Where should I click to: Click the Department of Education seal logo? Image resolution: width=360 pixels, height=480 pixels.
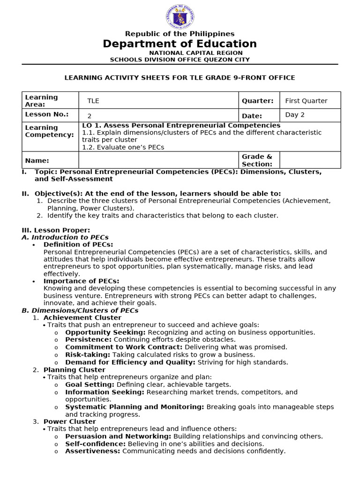click(180, 17)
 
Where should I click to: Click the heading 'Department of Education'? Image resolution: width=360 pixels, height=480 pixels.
click(180, 44)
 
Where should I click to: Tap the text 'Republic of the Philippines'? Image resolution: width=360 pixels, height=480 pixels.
click(180, 34)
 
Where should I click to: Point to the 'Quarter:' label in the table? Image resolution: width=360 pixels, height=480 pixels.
click(257, 101)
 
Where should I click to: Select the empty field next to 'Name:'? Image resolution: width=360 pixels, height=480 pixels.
click(158, 160)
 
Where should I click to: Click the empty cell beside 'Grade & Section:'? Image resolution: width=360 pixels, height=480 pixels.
click(310, 160)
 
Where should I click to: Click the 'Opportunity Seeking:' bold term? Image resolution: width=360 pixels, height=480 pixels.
click(105, 332)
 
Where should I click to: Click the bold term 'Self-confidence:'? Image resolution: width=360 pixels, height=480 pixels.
click(95, 444)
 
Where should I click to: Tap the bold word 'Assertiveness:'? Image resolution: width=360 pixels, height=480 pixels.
click(93, 451)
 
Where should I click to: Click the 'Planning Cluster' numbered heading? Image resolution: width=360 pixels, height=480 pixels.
click(74, 370)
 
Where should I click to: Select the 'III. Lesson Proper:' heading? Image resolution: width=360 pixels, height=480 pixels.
click(56, 230)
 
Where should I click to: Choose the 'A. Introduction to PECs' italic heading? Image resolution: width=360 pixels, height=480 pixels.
click(65, 237)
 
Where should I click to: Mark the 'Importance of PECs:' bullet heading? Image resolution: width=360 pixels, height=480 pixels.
click(81, 281)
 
